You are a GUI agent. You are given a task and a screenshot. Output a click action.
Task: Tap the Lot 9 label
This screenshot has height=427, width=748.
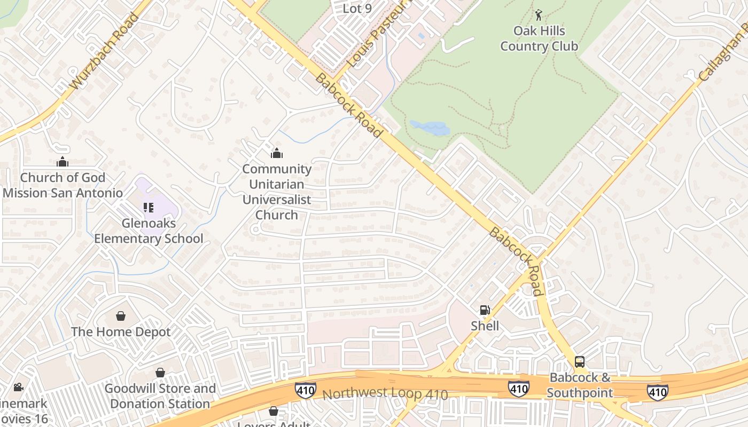pos(357,9)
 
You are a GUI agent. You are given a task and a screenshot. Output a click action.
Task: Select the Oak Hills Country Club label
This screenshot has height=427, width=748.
pos(539,38)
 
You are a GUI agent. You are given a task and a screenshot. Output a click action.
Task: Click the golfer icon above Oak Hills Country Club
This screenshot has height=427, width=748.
pos(539,15)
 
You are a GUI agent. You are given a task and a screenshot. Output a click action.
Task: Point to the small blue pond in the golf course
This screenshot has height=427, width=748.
pos(430,128)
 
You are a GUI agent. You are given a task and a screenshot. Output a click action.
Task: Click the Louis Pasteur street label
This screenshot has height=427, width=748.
pos(373,37)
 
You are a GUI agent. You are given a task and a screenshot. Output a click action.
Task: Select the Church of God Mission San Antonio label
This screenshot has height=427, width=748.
pos(63,185)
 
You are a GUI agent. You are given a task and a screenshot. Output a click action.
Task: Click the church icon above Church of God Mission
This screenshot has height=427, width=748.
pos(63,161)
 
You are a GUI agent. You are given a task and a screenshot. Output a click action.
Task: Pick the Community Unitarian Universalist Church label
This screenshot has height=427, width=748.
pos(276,192)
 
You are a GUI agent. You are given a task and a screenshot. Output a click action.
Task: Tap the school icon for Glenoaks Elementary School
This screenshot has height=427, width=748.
pos(148,208)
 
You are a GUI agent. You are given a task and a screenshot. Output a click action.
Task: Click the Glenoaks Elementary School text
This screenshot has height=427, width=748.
pos(149,231)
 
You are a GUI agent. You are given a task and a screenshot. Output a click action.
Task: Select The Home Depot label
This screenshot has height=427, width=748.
pos(121,331)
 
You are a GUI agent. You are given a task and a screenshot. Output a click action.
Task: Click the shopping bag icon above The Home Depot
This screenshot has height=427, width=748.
pos(121,316)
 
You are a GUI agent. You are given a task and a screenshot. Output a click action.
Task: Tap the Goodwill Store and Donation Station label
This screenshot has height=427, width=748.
pos(160,396)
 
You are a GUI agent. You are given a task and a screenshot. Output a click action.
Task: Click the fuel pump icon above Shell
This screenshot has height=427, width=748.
pos(485,310)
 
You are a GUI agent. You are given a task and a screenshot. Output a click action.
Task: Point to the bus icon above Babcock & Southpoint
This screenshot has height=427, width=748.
pos(580,362)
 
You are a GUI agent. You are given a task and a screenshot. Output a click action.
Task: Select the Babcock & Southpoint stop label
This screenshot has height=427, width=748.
pos(580,385)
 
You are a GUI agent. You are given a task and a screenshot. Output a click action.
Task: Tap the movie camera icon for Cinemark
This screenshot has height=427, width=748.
pos(18,387)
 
